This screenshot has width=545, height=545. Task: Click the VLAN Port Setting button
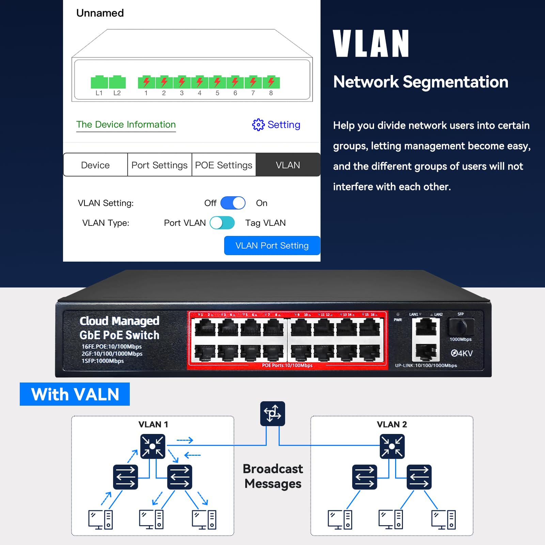272,246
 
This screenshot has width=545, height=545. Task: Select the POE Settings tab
223,165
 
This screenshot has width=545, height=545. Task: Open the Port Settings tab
159,165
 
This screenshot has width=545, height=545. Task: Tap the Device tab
95,165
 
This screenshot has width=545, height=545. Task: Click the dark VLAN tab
288,165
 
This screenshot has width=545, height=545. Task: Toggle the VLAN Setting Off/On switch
233,203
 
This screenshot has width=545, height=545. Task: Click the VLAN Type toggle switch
222,223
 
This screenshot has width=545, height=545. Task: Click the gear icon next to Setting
258,125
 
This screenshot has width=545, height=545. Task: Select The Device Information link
126,125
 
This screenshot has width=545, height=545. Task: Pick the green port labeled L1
99,82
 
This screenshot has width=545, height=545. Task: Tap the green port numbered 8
271,82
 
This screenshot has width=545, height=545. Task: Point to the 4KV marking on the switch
462,353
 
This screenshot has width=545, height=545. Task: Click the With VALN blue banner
75,394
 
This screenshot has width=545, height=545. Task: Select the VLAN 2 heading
392,424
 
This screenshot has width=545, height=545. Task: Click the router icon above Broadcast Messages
272,414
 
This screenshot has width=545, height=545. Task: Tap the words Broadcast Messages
273,476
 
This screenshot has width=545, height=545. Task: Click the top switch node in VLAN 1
153,446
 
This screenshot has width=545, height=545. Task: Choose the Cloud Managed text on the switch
119,321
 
